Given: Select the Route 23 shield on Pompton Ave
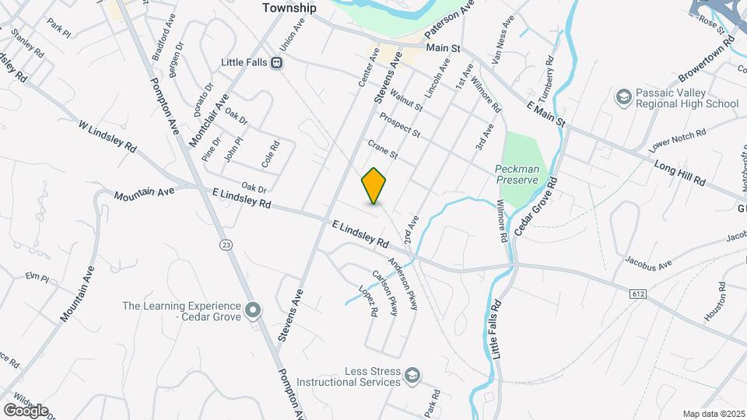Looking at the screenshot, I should pyautogui.click(x=226, y=244).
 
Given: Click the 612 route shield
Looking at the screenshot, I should pyautogui.click(x=638, y=293).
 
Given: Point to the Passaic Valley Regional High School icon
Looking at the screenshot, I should pyautogui.click(x=623, y=96).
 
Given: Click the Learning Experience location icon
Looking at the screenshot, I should pyautogui.click(x=253, y=311).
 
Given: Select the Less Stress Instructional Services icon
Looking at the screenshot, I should pyautogui.click(x=412, y=376).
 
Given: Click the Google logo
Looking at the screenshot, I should pyautogui.click(x=26, y=411).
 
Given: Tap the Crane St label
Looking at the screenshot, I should pyautogui.click(x=383, y=150).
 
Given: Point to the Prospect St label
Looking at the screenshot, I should pyautogui.click(x=400, y=124).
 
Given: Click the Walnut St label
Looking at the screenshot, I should pyautogui.click(x=406, y=100).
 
